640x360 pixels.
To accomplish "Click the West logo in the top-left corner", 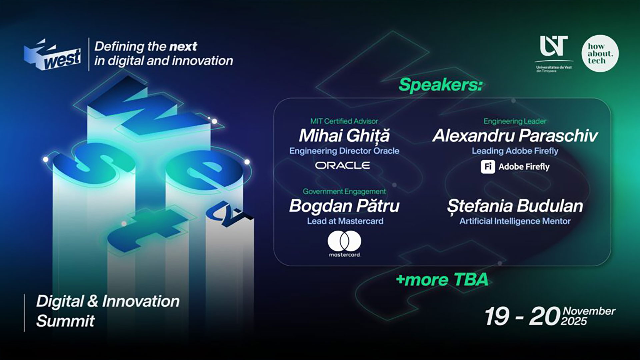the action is (52, 55).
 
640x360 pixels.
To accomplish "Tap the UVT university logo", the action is (554, 54).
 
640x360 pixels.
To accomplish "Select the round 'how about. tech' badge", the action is (600, 53).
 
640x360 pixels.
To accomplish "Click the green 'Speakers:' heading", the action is (441, 85).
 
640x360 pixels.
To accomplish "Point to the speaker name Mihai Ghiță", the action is (344, 136).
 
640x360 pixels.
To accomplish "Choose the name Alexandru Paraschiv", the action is (515, 136).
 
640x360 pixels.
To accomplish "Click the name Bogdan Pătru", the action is (344, 206).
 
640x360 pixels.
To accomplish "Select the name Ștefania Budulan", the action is (515, 206).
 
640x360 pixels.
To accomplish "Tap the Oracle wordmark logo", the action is (343, 165).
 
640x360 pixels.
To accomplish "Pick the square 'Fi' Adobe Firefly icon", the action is (488, 167).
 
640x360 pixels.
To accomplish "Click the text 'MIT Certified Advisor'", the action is (344, 121).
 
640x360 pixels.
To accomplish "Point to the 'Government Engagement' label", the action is (344, 192).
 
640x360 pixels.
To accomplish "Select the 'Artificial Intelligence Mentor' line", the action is (515, 221).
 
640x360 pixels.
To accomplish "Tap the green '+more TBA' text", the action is (442, 280).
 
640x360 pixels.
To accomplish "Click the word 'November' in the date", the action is (589, 311).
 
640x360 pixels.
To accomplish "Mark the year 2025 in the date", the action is (574, 321).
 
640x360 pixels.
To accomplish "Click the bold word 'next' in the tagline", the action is (183, 47).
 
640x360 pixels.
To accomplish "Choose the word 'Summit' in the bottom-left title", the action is (65, 321).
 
